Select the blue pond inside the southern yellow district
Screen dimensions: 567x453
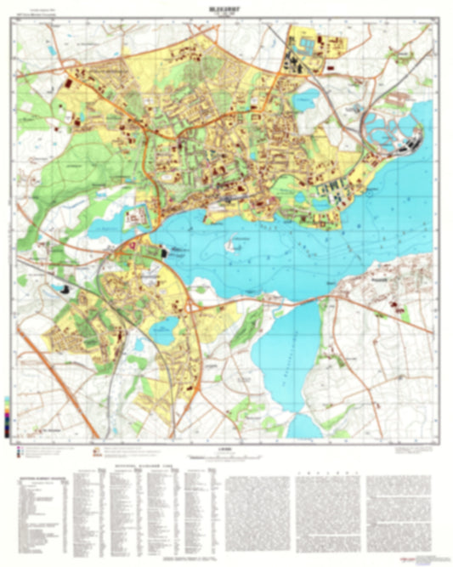pyautogui.click(x=164, y=324)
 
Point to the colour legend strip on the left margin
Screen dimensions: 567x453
pyautogui.click(x=8, y=417)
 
